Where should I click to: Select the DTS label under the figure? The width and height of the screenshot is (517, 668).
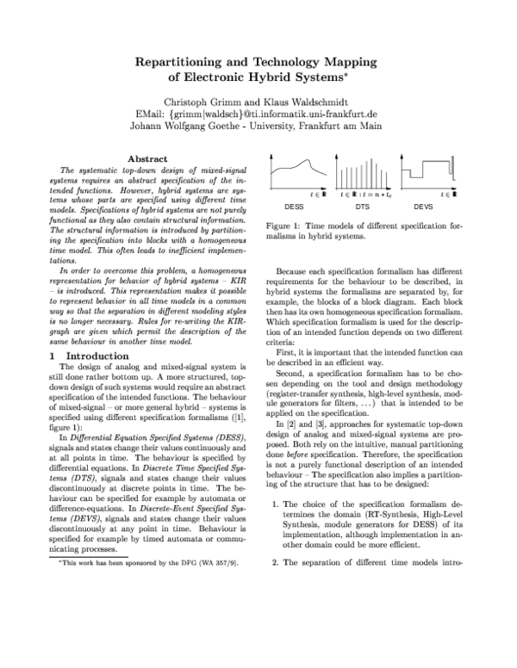[x=363, y=207]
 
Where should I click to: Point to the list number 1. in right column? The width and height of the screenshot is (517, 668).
[x=277, y=498]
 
